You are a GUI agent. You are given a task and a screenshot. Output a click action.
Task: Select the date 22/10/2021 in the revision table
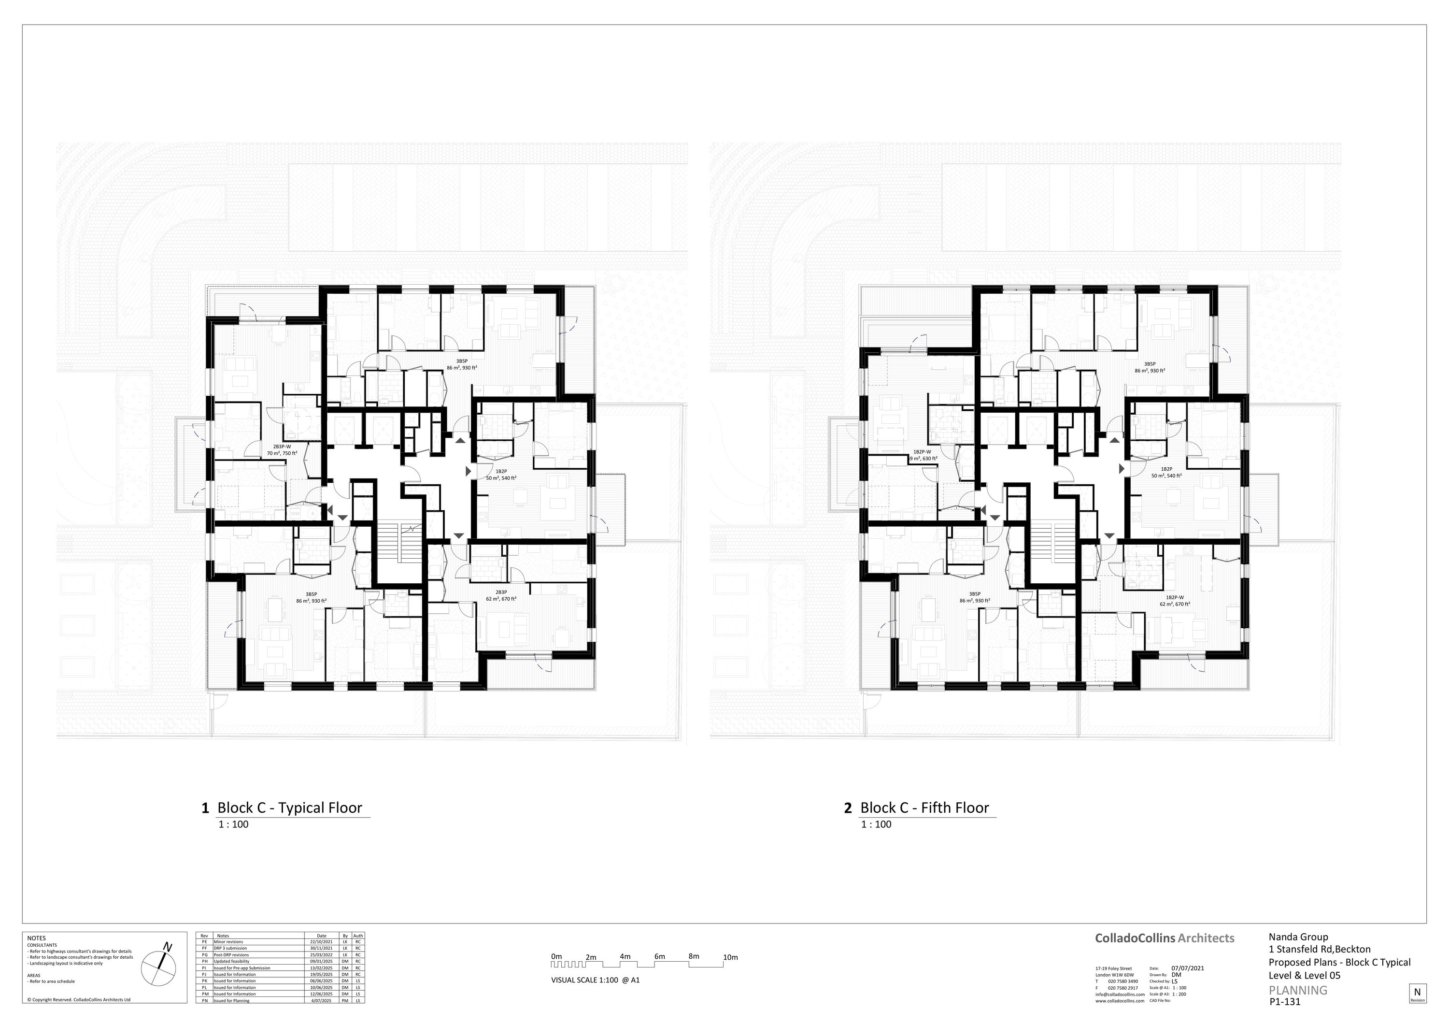(321, 941)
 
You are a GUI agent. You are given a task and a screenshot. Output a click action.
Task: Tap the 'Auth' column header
(358, 935)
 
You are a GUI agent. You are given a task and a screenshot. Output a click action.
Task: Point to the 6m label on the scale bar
(659, 956)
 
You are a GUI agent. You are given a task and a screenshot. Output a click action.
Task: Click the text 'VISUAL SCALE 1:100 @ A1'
(595, 980)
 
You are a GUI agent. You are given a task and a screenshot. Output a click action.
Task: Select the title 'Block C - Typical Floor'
(290, 808)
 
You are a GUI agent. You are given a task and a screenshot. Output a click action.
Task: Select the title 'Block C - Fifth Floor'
(924, 808)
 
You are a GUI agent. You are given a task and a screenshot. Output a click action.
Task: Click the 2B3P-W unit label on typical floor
(282, 449)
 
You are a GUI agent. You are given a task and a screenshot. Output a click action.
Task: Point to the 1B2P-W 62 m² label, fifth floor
(1174, 600)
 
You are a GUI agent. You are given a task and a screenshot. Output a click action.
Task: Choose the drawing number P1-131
(1285, 1001)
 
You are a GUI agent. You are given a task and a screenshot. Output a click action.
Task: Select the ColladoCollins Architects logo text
(1165, 938)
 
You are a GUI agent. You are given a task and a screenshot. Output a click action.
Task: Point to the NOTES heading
(37, 938)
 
